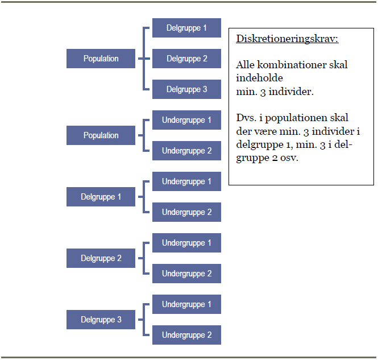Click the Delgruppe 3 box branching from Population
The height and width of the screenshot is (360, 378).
pyautogui.click(x=186, y=89)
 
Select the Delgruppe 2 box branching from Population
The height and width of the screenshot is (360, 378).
pyautogui.click(x=186, y=59)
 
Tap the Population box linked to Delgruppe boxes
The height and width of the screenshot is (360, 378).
pyautogui.click(x=101, y=59)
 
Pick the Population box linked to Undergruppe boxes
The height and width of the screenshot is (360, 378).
pyautogui.click(x=101, y=135)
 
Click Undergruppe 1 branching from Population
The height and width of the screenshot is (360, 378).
pyautogui.click(x=186, y=120)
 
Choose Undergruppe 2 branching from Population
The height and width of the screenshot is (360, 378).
pyautogui.click(x=186, y=151)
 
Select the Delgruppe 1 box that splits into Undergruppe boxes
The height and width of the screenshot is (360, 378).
pyautogui.click(x=101, y=197)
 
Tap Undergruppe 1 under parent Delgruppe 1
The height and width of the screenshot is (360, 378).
pyautogui.click(x=186, y=181)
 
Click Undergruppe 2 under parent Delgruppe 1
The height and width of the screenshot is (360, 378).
pyautogui.click(x=186, y=212)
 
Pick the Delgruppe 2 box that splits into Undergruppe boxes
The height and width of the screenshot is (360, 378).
pyautogui.click(x=101, y=258)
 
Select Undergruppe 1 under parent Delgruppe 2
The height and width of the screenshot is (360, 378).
pyautogui.click(x=186, y=243)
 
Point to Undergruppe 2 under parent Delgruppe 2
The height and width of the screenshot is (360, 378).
pyautogui.click(x=186, y=274)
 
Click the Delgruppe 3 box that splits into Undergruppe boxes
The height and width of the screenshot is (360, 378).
pyautogui.click(x=101, y=320)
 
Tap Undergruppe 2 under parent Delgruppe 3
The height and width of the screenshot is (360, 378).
pyautogui.click(x=186, y=335)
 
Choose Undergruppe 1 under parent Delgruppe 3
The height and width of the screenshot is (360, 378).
pyautogui.click(x=186, y=304)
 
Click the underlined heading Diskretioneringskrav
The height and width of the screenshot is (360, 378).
pyautogui.click(x=288, y=39)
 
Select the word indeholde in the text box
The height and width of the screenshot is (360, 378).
pyautogui.click(x=259, y=78)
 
